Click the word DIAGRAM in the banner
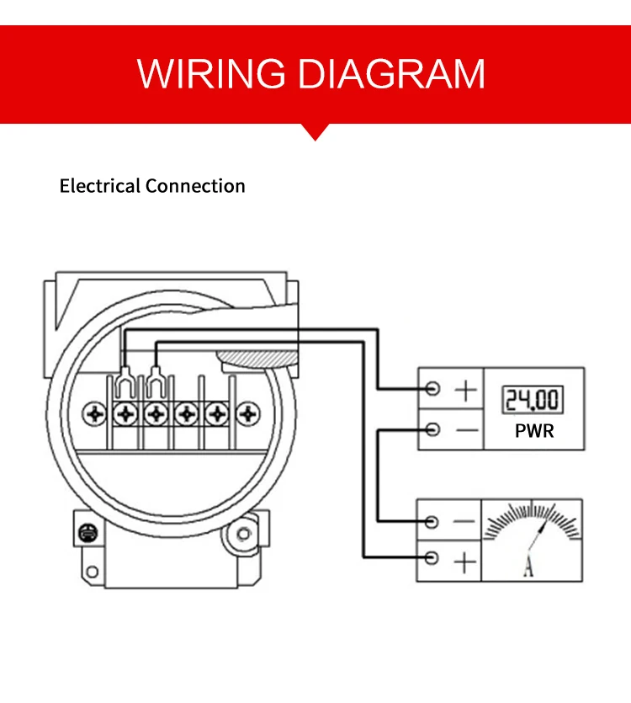click(391, 73)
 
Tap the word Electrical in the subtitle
click(100, 185)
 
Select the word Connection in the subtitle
click(195, 185)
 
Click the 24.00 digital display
click(533, 399)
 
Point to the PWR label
click(534, 431)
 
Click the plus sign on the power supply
click(465, 390)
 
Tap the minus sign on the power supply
click(467, 430)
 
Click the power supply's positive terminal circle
click(432, 388)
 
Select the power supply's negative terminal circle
click(432, 429)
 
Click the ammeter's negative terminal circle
click(432, 521)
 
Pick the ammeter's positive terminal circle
click(432, 558)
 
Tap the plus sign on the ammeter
click(465, 562)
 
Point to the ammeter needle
click(538, 538)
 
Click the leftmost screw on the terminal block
click(94, 413)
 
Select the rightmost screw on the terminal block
click(248, 413)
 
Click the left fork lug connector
click(125, 382)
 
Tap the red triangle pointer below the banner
click(315, 132)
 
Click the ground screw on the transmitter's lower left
click(87, 533)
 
